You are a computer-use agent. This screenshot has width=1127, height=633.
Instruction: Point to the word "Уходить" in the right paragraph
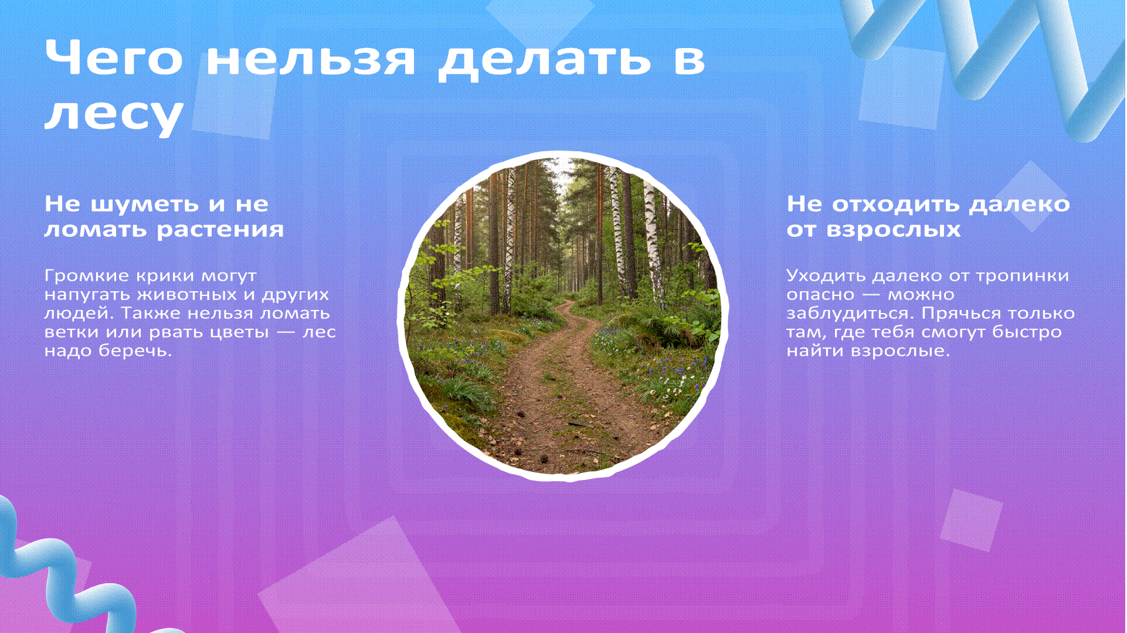pos(826,275)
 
